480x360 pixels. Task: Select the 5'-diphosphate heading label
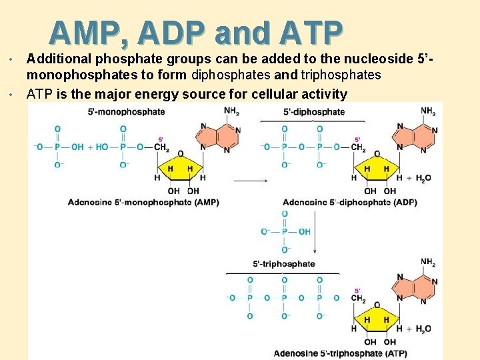[x=314, y=111]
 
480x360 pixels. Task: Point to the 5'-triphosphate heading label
[x=284, y=263]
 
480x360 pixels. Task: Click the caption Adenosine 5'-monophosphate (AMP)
[x=143, y=202]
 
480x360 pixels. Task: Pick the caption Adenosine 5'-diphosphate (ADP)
[x=350, y=202]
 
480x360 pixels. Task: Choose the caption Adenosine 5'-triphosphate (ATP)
[x=340, y=353]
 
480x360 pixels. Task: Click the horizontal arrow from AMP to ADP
[x=250, y=180]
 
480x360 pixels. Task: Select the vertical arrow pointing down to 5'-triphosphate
[x=314, y=233]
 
